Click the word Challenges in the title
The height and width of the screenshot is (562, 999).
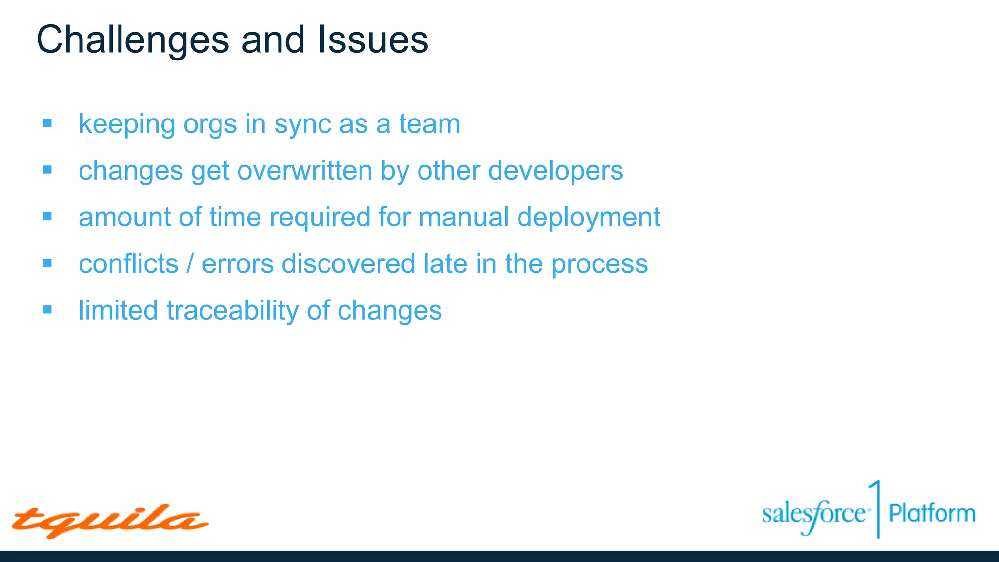tap(132, 40)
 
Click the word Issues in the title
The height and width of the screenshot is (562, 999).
tap(373, 40)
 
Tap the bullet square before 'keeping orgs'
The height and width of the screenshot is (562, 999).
tap(47, 123)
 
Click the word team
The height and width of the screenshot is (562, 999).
tap(429, 124)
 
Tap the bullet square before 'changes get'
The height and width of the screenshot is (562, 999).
tap(47, 170)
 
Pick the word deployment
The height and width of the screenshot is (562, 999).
tap(588, 218)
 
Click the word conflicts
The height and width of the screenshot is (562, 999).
tap(128, 264)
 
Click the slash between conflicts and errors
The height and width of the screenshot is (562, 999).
tap(190, 264)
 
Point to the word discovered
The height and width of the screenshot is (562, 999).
tap(348, 264)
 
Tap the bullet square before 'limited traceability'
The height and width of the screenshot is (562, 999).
tap(47, 309)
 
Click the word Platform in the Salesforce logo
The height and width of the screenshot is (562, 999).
tap(932, 514)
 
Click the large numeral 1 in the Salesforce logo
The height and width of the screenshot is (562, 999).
tap(877, 507)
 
